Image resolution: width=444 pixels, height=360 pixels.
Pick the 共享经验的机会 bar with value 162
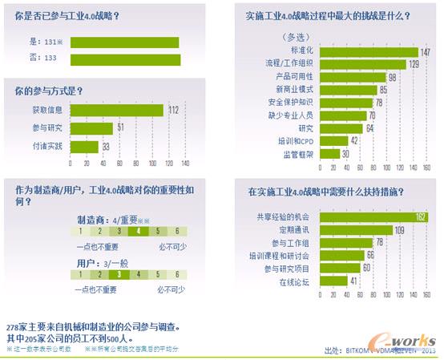click(369, 216)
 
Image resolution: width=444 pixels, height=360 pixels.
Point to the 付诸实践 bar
click(84, 146)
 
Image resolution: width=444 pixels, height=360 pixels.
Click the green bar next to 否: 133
click(126, 59)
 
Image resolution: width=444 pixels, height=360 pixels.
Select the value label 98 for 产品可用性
click(393, 77)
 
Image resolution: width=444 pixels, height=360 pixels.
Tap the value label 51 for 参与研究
click(120, 128)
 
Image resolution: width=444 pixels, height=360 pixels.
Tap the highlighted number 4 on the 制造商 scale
click(138, 230)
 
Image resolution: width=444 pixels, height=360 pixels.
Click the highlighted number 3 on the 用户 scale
click(119, 273)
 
